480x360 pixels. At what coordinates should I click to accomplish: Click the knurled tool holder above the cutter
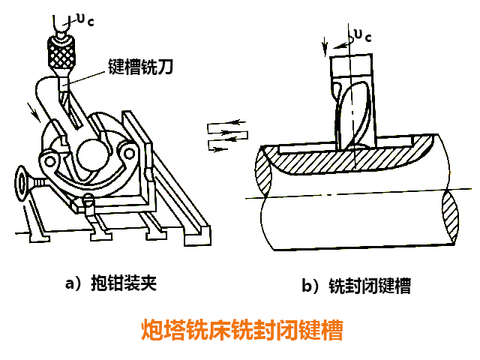click(x=61, y=51)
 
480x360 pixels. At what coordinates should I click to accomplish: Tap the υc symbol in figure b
click(x=362, y=34)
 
